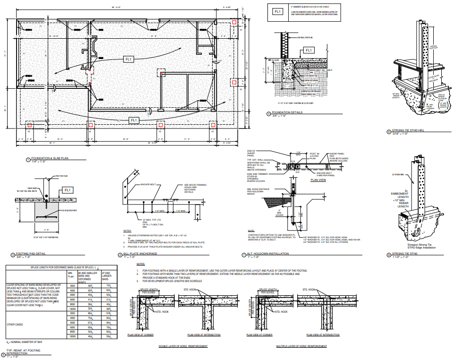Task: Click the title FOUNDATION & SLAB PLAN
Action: [x=50, y=159]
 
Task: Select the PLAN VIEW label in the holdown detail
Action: [x=319, y=180]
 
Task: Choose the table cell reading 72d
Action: [x=108, y=286]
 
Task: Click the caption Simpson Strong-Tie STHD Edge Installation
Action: [x=421, y=246]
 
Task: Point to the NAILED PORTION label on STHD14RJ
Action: [x=433, y=47]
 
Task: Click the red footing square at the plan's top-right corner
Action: [x=235, y=22]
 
